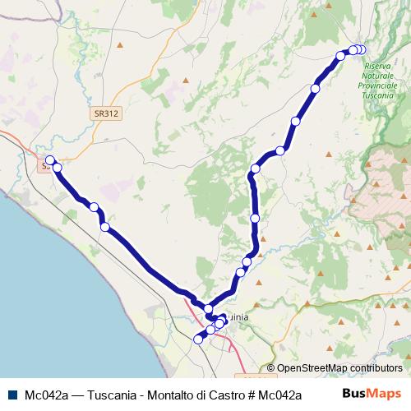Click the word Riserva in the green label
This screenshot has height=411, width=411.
coord(380,65)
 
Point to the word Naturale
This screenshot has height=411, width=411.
coord(381,75)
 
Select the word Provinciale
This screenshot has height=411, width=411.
coord(381,85)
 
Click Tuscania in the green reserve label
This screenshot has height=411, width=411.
coord(381,95)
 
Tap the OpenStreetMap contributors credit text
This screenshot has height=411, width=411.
coord(339,368)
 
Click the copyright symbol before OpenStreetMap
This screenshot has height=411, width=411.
coord(271,368)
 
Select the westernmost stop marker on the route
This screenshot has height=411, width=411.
coord(50,160)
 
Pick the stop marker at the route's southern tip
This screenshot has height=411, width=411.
coord(197,339)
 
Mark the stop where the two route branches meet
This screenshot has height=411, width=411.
coord(209,309)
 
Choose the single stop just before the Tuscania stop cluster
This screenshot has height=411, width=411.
coord(341,56)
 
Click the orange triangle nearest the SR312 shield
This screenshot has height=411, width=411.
coord(187,80)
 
